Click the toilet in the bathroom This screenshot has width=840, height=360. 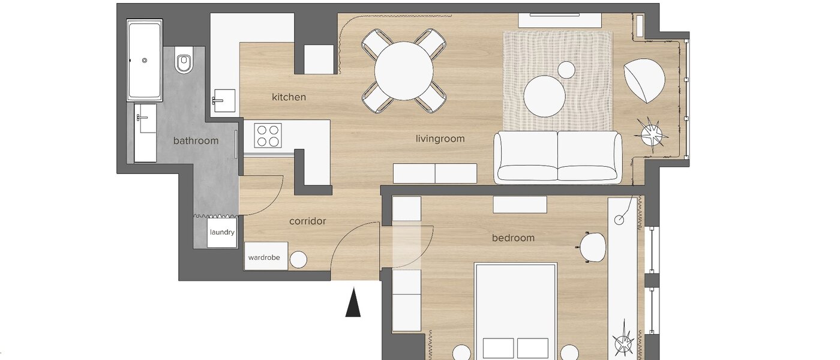tap(184, 62)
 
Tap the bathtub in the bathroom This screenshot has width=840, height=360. tap(145, 61)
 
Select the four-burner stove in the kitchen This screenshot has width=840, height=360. tap(268, 135)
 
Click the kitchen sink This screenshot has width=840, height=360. tap(224, 100)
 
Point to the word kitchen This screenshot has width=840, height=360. tap(289, 97)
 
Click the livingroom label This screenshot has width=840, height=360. tap(440, 139)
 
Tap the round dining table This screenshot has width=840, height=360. tap(404, 71)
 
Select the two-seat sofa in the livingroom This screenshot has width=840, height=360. tap(558, 157)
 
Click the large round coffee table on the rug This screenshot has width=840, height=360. tap(544, 96)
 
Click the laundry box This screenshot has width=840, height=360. tap(222, 233)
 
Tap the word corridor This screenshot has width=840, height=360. tap(307, 221)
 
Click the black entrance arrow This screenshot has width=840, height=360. tap(353, 302)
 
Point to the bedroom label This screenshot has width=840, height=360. tap(513, 238)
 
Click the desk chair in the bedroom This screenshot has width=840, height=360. tap(592, 247)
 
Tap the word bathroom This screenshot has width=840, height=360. tap(196, 141)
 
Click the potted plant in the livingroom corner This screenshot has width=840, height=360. tap(652, 133)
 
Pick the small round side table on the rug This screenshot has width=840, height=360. tap(566, 70)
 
